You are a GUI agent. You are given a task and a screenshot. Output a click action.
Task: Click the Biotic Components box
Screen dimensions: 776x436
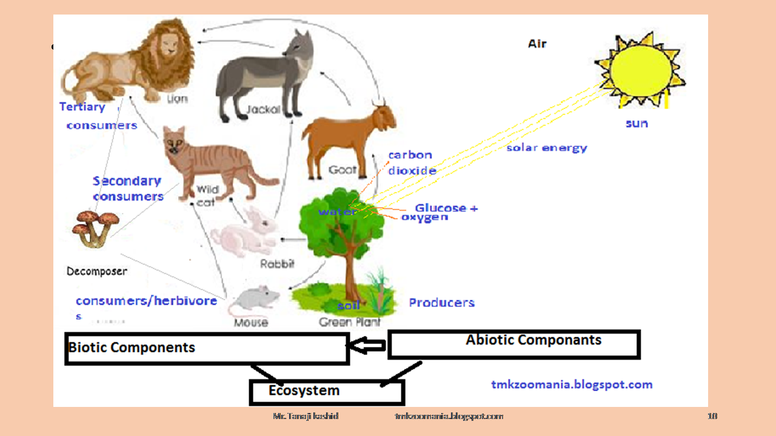[206, 348]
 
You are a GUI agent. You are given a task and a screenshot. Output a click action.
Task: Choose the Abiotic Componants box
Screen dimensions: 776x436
[513, 344]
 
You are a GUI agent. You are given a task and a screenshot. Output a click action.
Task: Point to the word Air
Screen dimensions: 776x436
[537, 44]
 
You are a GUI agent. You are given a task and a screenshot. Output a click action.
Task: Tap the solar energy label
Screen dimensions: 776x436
[547, 147]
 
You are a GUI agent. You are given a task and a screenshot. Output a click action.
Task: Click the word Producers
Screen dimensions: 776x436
[441, 302]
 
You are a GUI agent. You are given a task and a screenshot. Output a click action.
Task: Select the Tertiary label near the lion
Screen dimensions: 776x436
[82, 107]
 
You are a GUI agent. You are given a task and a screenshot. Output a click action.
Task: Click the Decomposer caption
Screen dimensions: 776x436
[97, 271]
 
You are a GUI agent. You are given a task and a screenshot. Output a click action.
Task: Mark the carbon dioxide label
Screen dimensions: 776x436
[412, 162]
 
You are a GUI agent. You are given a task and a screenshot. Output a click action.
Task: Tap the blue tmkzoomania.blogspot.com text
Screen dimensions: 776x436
[571, 385]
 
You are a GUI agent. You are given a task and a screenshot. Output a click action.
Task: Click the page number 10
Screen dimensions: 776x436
[712, 416]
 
